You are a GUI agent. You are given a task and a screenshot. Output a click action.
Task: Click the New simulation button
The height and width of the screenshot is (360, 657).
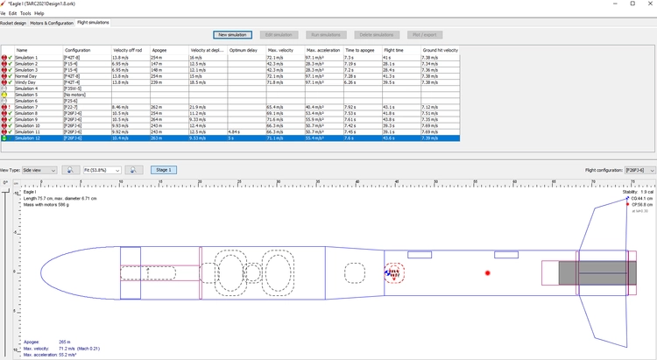pyautogui.click(x=232, y=35)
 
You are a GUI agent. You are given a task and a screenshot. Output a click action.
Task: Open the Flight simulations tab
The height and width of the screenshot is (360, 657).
pyautogui.click(x=93, y=22)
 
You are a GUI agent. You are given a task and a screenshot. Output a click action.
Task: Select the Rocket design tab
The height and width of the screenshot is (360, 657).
pyautogui.click(x=13, y=22)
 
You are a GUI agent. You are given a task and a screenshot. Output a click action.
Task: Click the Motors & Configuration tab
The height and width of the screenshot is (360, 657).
pyautogui.click(x=52, y=22)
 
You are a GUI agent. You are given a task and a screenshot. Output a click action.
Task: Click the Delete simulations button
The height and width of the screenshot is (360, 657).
pyautogui.click(x=378, y=35)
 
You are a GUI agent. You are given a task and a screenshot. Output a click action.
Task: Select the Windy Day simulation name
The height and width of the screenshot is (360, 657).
pyautogui.click(x=26, y=82)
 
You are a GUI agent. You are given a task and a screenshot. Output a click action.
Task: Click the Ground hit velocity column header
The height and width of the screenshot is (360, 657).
pyautogui.click(x=441, y=50)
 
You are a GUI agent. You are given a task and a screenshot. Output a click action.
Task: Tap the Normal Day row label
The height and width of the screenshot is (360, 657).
pyautogui.click(x=27, y=76)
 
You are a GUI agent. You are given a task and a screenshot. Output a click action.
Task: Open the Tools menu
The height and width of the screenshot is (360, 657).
pyautogui.click(x=25, y=13)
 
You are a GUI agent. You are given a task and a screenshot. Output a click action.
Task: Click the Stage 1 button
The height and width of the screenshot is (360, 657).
pyautogui.click(x=164, y=170)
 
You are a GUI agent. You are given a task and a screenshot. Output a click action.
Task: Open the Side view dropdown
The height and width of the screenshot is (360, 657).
pyautogui.click(x=40, y=170)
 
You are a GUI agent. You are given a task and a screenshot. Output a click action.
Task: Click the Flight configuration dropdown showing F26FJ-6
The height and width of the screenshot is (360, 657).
pyautogui.click(x=639, y=170)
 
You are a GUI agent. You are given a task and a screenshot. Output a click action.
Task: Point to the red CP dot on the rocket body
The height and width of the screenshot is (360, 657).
pyautogui.click(x=488, y=273)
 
